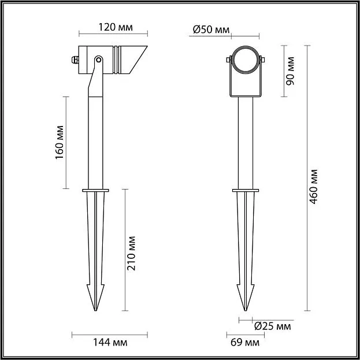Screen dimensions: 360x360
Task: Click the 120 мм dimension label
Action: (116, 27)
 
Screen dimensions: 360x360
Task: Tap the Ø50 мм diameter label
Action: (211, 29)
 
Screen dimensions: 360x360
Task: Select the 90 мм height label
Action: (290, 71)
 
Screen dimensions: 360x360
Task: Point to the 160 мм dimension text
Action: (60, 142)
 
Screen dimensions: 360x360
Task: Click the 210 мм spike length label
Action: (131, 254)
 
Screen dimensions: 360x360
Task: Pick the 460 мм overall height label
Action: (313, 187)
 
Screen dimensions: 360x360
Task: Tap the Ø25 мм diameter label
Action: (273, 326)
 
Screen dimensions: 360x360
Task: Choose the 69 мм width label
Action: (245, 343)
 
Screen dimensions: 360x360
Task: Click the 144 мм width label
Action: (110, 343)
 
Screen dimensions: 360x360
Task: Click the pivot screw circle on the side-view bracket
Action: (99, 60)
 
